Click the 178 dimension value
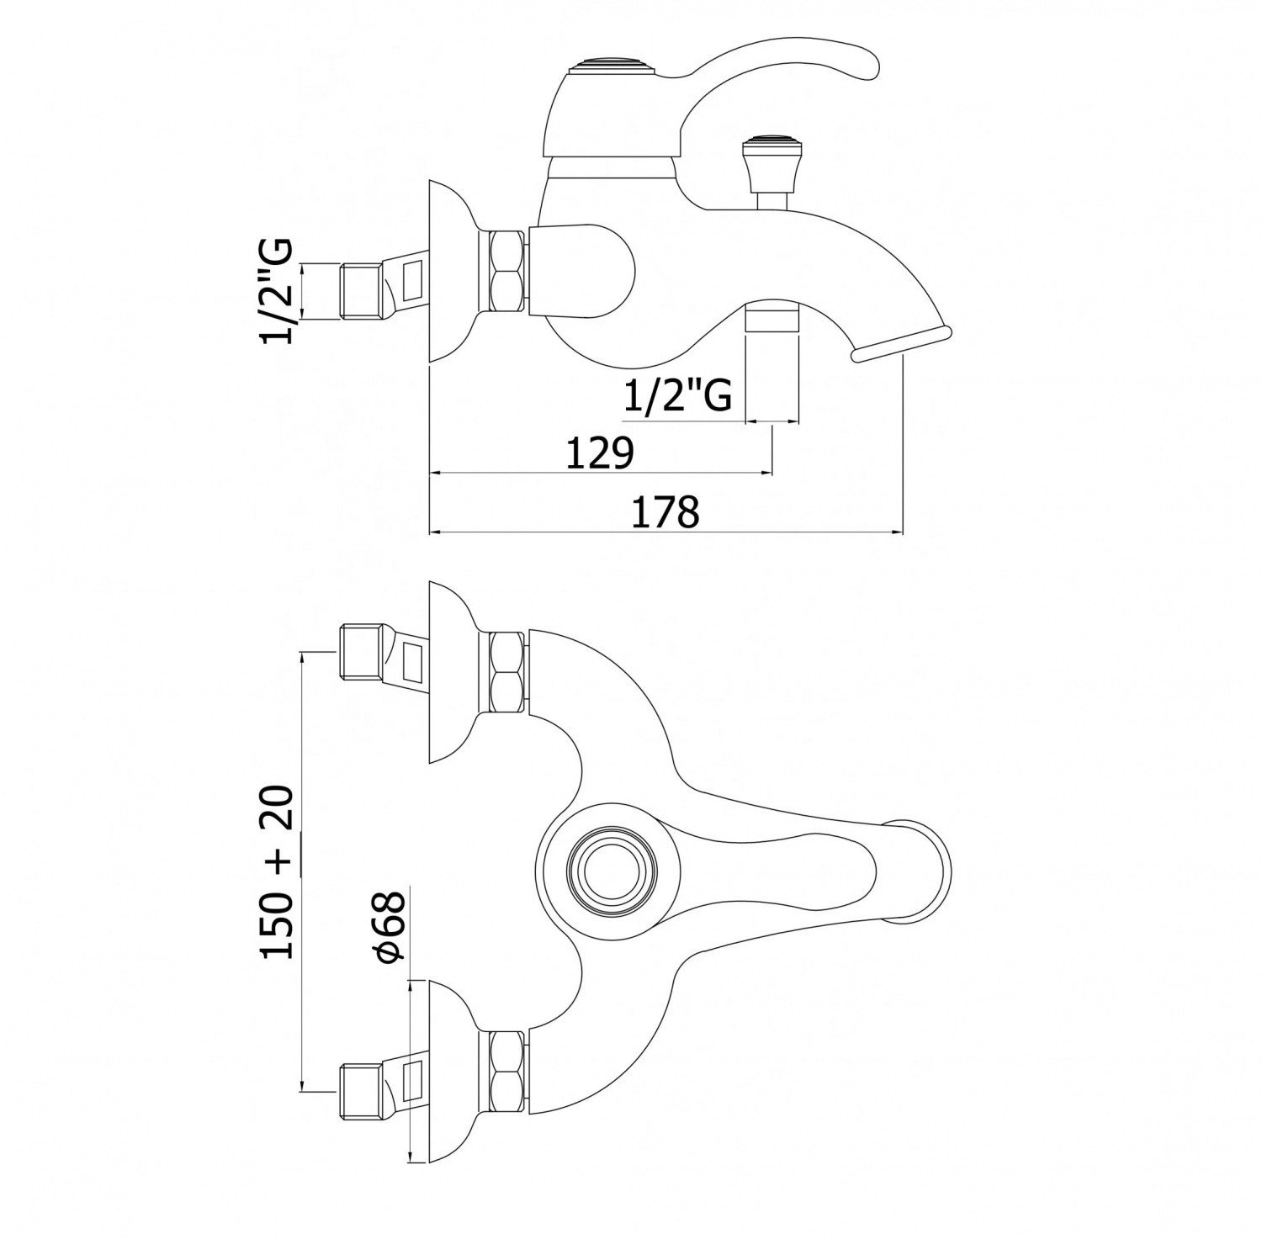coord(665,511)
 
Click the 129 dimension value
coord(598,453)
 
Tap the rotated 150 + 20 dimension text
coord(277,871)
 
